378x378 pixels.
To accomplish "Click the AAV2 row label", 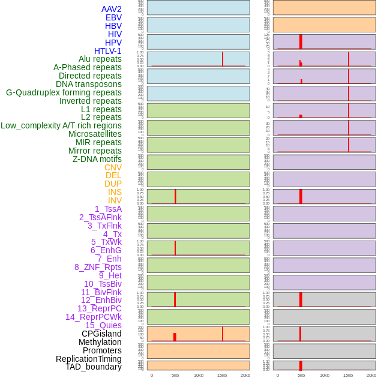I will pos(111,10).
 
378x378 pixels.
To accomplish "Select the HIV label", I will pos(115,34).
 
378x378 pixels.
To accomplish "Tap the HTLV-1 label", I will pos(107,51).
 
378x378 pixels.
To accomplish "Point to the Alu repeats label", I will pos(100,59).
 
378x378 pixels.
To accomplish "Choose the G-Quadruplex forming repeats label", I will pos(64,92).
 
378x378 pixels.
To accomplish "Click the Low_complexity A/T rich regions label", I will pos(61,125).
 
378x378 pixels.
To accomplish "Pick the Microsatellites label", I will pos(95,134).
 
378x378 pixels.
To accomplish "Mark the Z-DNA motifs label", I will pos(97,159).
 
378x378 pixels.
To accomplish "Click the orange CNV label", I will pos(113,167).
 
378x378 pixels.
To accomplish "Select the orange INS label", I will pos(115,192).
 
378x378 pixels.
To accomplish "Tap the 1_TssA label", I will pos(108,209).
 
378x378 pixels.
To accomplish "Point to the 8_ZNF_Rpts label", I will pos(98,267).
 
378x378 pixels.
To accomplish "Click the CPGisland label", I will pos(101,334).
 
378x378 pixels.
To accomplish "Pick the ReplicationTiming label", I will pos(88,359).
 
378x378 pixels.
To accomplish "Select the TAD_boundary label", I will pos(93,367).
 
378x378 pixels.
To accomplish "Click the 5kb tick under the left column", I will pos(175,375).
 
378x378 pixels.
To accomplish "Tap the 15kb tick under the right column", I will pos(348,375).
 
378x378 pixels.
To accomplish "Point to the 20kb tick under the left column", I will pos(245,375).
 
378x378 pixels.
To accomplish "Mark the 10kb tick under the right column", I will pos(325,375).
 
